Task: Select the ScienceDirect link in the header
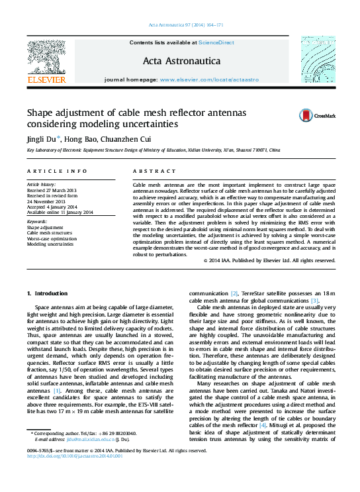pyautogui.click(x=216, y=42)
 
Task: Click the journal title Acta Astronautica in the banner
pyautogui.click(x=181, y=60)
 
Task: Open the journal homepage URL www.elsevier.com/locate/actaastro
pyautogui.click(x=208, y=79)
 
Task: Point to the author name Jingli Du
pyautogui.click(x=42, y=139)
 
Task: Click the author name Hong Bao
pyautogui.click(x=83, y=139)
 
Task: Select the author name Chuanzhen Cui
pyautogui.click(x=129, y=139)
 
